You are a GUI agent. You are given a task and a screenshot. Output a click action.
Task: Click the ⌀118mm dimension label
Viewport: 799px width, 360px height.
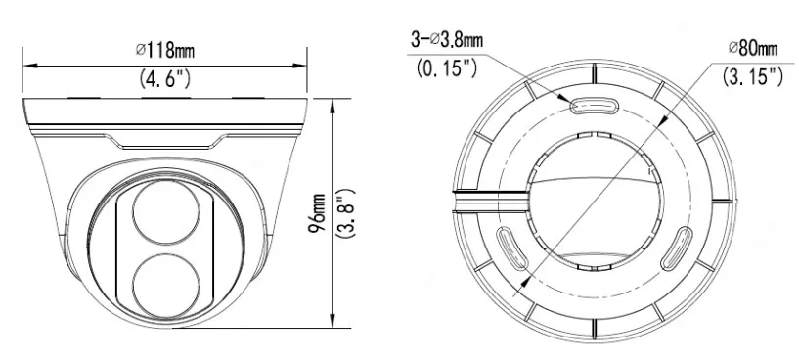pyautogui.click(x=165, y=50)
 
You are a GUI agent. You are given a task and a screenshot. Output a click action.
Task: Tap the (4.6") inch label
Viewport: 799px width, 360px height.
pyautogui.click(x=165, y=78)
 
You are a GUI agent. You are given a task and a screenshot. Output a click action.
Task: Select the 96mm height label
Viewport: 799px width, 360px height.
pyautogui.click(x=317, y=212)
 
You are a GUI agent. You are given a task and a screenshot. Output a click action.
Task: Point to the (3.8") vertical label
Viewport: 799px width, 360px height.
pyautogui.click(x=346, y=212)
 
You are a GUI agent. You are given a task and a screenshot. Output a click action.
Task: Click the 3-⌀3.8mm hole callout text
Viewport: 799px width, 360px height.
pyautogui.click(x=447, y=40)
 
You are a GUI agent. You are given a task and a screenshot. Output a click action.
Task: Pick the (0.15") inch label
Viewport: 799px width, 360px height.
pyautogui.click(x=447, y=67)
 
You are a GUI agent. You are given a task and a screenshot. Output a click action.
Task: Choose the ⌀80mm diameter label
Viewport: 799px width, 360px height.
pyautogui.click(x=753, y=48)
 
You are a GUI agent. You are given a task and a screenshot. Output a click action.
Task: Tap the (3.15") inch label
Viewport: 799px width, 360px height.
pyautogui.click(x=753, y=76)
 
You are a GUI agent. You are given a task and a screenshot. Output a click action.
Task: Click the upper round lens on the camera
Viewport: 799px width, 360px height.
pyautogui.click(x=165, y=212)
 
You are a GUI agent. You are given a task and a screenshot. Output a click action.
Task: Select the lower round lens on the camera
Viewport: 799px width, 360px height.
pyautogui.click(x=165, y=287)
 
